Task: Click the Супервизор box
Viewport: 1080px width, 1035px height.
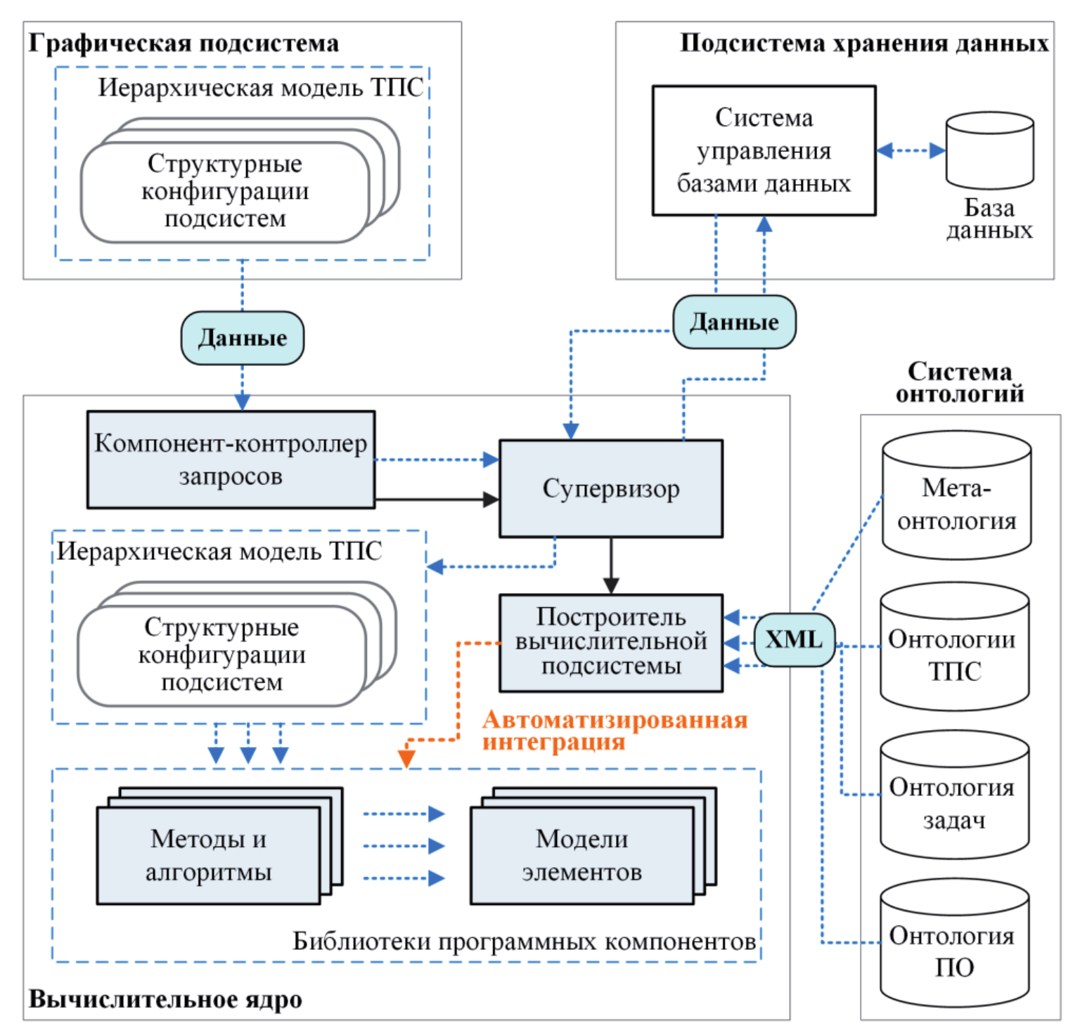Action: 610,488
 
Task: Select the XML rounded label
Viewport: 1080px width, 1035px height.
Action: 794,639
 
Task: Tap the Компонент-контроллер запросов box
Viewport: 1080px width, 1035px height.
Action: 231,459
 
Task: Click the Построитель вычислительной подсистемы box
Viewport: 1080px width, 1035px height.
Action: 610,642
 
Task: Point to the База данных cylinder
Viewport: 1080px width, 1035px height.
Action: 989,151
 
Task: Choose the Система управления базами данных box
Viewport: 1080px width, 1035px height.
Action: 764,150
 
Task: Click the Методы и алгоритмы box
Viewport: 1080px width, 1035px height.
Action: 209,855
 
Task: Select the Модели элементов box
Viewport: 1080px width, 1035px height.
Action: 582,855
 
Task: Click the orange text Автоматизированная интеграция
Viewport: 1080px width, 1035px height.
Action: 614,730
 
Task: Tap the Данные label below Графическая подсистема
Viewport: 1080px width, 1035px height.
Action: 243,338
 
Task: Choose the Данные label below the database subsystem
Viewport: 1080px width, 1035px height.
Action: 734,322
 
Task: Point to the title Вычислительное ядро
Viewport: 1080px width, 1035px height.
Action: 165,999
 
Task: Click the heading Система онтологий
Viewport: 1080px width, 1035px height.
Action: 959,382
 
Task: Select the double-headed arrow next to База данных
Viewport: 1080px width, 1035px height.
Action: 911,150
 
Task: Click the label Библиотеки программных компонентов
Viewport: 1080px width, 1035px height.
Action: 524,941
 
